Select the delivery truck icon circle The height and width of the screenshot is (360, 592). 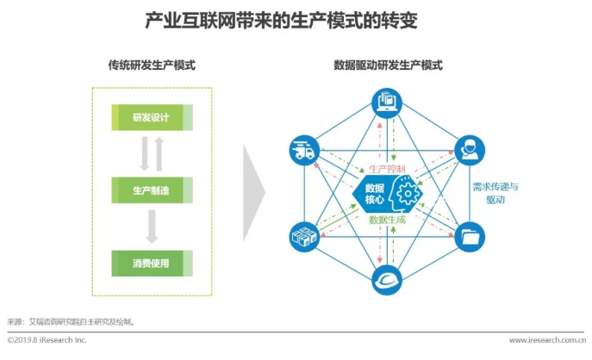point(302,150)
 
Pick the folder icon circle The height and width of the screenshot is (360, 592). point(470,234)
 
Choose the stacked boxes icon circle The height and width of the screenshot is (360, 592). point(302,234)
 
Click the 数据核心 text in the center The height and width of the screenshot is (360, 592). point(374,193)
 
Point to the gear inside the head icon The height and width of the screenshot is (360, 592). point(405,191)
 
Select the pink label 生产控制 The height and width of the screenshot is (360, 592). point(386,169)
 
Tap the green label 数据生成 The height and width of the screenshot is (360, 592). point(387,220)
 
